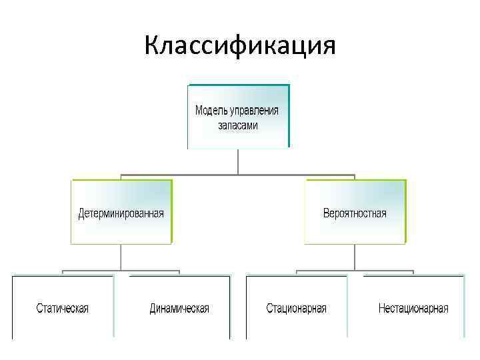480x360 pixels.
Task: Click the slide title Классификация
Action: point(240,46)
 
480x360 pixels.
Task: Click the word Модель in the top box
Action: point(211,110)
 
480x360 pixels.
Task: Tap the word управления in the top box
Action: point(255,110)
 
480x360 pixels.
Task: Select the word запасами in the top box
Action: point(238,125)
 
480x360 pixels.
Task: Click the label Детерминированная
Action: point(121,214)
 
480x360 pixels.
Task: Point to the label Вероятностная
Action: point(355,214)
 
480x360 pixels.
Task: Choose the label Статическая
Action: point(63,309)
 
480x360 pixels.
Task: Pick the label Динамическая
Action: point(179,309)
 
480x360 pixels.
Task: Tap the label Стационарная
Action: point(297,309)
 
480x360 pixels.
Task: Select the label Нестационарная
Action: point(413,309)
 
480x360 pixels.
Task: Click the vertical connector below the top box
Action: point(238,161)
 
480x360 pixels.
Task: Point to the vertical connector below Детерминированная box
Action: point(121,257)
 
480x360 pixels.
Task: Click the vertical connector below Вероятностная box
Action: point(355,257)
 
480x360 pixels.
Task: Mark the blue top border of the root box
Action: point(239,85)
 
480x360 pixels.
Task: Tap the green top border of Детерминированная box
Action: point(121,180)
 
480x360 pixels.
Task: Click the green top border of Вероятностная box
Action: point(355,180)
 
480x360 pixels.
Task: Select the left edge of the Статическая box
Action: point(13,307)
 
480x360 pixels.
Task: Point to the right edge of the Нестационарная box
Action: point(464,307)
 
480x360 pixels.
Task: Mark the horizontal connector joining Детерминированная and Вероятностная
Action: point(238,176)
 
